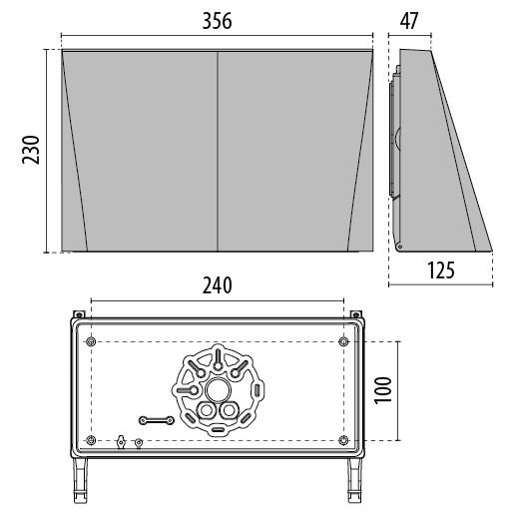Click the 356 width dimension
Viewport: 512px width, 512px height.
click(217, 21)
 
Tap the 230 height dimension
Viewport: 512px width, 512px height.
click(31, 150)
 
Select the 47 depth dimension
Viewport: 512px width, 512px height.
click(409, 21)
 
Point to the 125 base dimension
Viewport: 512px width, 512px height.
click(441, 270)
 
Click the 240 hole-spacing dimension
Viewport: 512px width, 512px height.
click(217, 285)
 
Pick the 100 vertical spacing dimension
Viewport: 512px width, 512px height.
click(383, 390)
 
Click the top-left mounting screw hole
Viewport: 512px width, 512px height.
click(91, 341)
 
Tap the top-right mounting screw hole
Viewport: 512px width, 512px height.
click(343, 341)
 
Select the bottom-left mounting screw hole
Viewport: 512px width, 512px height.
click(91, 440)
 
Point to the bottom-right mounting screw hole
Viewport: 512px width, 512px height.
click(343, 440)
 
